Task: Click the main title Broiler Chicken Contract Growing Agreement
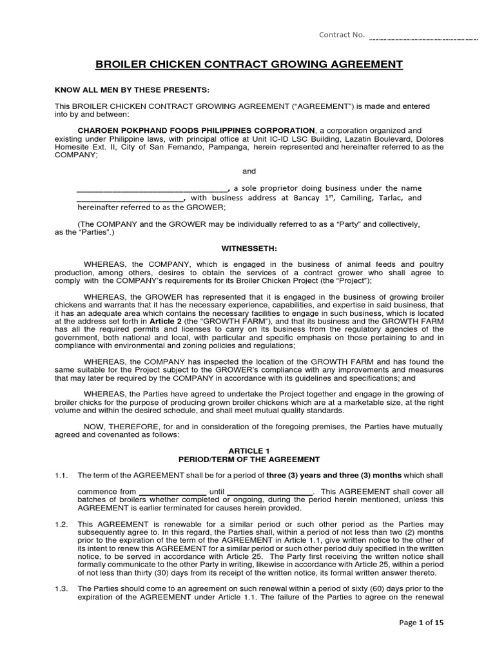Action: point(249,64)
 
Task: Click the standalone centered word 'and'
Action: point(249,171)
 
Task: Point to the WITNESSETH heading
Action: point(249,247)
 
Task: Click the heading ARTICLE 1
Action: point(249,450)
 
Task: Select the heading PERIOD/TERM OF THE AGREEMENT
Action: point(249,460)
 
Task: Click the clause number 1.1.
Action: point(61,475)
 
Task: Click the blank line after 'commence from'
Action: point(173,493)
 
